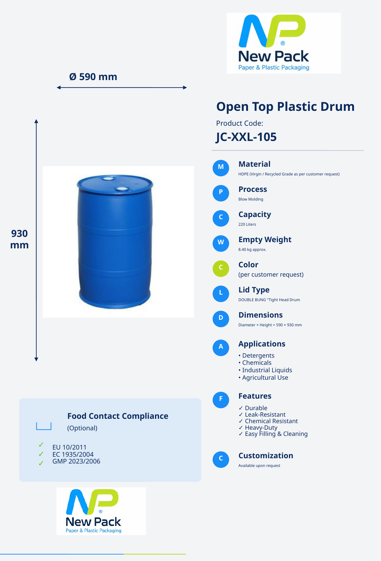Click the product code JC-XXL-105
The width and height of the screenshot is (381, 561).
point(246,137)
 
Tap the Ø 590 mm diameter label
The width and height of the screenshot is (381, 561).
point(93,77)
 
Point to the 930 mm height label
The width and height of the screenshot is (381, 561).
point(20,239)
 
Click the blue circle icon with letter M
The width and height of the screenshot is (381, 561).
point(221,168)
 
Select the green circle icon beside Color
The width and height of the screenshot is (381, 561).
point(221,269)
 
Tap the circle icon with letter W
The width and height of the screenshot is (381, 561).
point(221,243)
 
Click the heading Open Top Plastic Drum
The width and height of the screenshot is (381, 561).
point(285,106)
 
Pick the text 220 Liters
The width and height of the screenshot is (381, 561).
point(247,224)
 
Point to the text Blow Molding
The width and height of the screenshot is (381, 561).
point(251,199)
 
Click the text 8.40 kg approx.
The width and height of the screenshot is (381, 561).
point(252,250)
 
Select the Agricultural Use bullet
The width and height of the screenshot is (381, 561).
point(263,378)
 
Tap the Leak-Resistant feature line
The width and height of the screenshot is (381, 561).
point(262,415)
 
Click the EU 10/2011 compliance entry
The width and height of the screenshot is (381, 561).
point(69,447)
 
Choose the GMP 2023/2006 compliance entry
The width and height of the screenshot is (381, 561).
point(76,461)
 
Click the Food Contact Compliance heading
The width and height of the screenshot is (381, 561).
point(118,416)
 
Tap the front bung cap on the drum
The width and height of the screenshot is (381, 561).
point(121,189)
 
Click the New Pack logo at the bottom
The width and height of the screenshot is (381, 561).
point(101,511)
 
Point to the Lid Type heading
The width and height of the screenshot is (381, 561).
point(254,290)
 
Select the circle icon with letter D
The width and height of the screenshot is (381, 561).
point(221,319)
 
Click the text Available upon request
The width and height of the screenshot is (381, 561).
point(259,466)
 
